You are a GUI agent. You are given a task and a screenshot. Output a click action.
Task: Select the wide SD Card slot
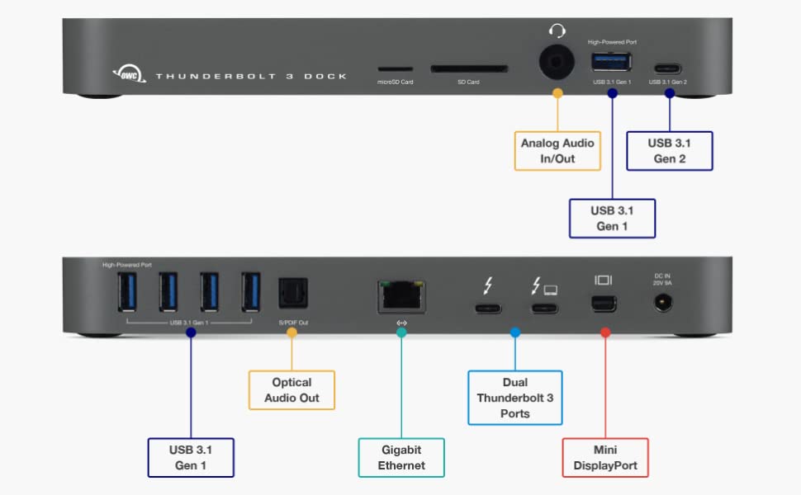[x=468, y=70]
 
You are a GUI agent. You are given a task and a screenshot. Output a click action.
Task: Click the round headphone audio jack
[x=557, y=63]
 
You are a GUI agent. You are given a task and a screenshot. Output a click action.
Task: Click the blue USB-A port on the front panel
[x=612, y=63]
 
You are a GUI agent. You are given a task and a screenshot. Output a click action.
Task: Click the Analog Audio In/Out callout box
[x=557, y=150]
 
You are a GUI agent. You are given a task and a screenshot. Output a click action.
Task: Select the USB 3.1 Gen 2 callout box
[x=669, y=150]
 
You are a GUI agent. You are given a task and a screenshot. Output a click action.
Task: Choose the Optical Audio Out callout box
[x=291, y=390]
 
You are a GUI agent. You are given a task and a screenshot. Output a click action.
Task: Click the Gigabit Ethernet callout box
[x=401, y=457]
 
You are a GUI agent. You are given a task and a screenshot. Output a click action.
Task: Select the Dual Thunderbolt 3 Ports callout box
[x=514, y=397]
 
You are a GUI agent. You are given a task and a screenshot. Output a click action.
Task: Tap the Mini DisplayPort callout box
[x=605, y=457]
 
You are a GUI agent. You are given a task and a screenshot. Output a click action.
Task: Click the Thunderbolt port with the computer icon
[x=544, y=309]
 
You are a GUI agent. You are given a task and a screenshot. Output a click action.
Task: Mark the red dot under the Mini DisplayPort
[x=604, y=332]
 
